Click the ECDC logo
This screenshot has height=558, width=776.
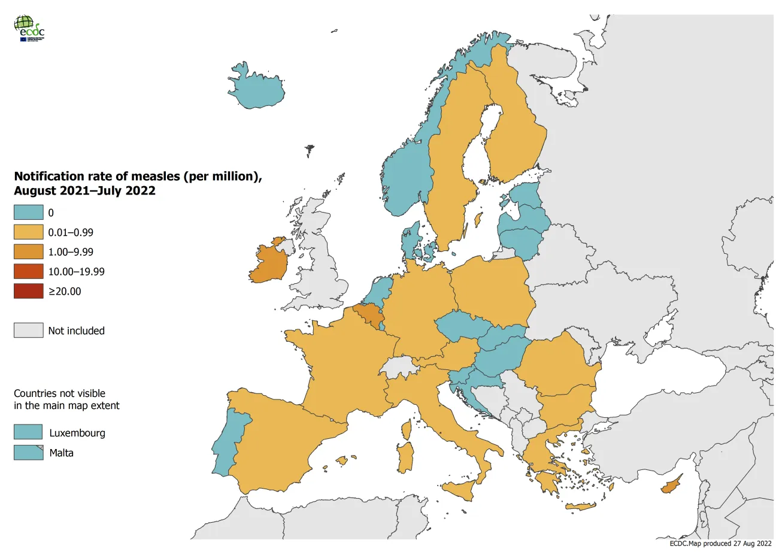(x=29, y=28)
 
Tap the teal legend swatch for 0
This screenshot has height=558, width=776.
(x=29, y=213)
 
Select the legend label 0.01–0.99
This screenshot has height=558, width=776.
(x=71, y=232)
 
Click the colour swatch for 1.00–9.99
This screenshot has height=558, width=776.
(x=29, y=252)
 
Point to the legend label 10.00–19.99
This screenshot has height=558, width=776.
(x=76, y=272)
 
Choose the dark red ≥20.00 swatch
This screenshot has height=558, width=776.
(x=29, y=292)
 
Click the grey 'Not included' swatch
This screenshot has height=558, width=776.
(x=29, y=330)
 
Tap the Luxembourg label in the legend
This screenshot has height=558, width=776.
(x=77, y=433)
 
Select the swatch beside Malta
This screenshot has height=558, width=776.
(x=29, y=453)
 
